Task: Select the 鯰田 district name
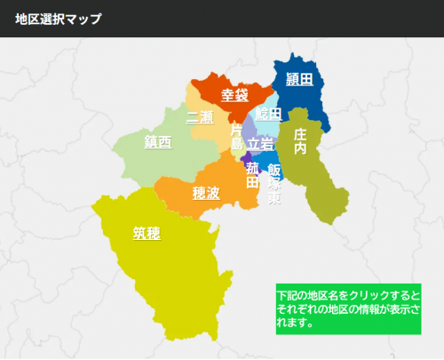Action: pos(268,114)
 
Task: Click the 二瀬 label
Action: pos(200,117)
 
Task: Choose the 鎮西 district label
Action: pos(158,141)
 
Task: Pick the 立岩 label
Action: pos(260,142)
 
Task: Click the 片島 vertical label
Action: pos(236,136)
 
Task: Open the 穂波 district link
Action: pos(206,191)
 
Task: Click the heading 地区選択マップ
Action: pos(58,18)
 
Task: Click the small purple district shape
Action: pos(246,156)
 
